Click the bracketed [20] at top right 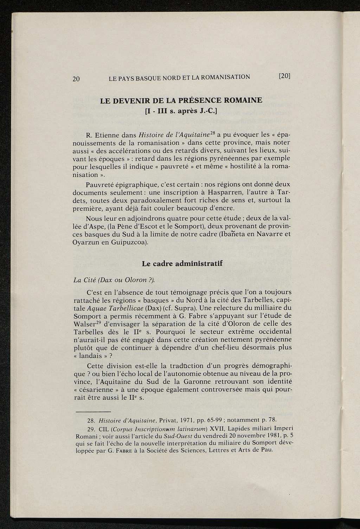(285, 76)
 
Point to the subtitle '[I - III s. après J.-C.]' (181, 112)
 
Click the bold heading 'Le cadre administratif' (182, 263)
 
